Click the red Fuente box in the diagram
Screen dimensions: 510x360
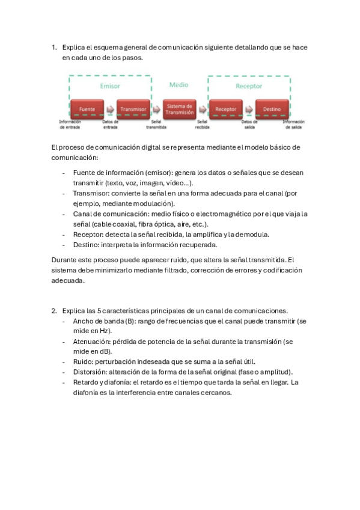pos(88,109)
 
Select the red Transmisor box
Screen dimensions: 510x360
pos(133,109)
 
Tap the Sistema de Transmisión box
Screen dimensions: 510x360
pos(180,109)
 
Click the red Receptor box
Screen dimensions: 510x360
pos(225,109)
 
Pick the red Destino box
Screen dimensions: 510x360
pos(272,109)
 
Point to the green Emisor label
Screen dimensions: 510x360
pos(109,86)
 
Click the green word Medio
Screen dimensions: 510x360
pos(178,85)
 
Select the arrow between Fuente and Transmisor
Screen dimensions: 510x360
pos(111,109)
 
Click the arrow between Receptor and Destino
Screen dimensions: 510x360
pos(249,109)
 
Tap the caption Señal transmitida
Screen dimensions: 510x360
pos(156,124)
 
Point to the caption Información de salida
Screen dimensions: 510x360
pos(293,124)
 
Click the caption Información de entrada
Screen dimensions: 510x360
pos(70,124)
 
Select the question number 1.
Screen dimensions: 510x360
pos(53,47)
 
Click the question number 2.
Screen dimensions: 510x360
pos(53,311)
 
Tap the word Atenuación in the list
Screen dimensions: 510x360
pos(93,341)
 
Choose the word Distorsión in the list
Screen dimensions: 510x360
pos(91,372)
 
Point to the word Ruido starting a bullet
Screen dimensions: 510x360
pos(84,361)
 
